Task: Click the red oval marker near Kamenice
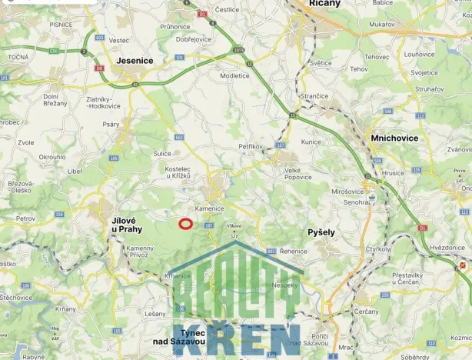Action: [185, 224]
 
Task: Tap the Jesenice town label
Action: [135, 60]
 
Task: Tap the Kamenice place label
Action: [209, 208]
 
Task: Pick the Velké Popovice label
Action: [297, 174]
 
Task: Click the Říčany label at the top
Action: [324, 4]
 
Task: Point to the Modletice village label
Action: [234, 75]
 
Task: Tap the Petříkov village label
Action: [251, 145]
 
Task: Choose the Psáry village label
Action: [111, 123]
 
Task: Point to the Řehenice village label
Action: [294, 251]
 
